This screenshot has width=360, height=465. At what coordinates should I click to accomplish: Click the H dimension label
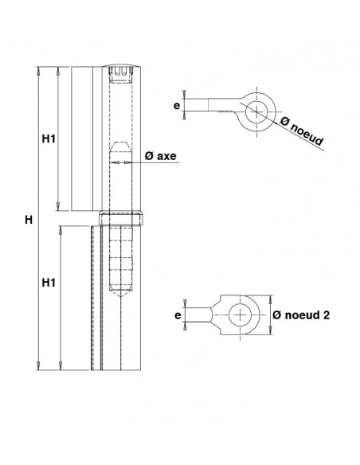[x=29, y=220]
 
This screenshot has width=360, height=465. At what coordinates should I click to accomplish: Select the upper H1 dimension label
[x=49, y=139]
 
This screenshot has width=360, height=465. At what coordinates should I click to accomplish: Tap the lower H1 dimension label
[x=49, y=283]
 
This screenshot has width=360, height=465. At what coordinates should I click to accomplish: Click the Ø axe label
[x=160, y=156]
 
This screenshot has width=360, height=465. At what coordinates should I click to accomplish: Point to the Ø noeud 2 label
[x=301, y=315]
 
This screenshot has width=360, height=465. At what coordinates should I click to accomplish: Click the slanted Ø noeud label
[x=302, y=131]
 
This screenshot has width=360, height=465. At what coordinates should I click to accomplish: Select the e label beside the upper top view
[x=177, y=105]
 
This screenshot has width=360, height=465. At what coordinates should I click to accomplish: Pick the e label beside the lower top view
[x=178, y=315]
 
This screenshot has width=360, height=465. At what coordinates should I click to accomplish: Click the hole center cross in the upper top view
[x=256, y=111]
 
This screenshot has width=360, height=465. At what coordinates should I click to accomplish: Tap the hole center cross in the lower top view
[x=240, y=315]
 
